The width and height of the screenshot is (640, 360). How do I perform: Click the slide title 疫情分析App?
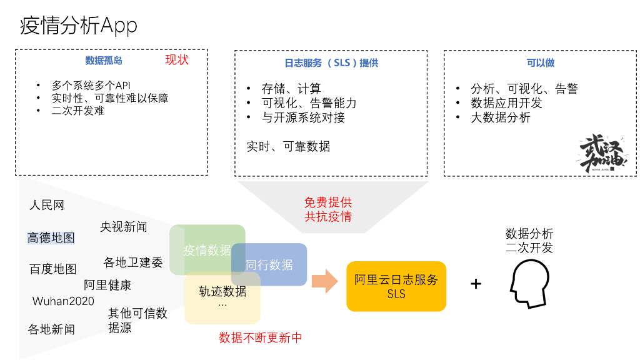point(78,26)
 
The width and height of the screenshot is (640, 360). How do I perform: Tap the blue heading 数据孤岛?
point(104,61)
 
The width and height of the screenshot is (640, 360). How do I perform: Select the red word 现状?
point(177,60)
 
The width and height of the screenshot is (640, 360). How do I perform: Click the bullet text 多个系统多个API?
point(91,85)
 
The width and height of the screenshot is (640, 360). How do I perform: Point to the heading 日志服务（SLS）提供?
point(331,63)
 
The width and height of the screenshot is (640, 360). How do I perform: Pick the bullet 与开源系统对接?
point(303,117)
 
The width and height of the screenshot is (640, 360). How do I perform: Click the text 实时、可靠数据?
point(288,146)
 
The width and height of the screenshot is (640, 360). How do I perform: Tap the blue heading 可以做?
point(541,63)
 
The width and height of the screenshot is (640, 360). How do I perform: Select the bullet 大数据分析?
point(501,117)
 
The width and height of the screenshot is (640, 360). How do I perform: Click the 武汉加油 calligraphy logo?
point(602,153)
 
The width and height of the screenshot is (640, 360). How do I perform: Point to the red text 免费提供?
point(328,202)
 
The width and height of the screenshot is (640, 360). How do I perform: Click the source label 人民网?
point(47,205)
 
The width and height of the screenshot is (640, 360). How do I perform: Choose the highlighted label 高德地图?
point(51,237)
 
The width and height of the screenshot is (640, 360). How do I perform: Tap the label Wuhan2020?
point(63,301)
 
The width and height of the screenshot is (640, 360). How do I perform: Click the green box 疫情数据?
point(207,249)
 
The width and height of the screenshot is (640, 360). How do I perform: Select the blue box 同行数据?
point(269,264)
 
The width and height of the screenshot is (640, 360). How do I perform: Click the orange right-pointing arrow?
point(325,281)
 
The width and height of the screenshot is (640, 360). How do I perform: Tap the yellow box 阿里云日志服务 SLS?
point(396,286)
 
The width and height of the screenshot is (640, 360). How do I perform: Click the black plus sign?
point(476,284)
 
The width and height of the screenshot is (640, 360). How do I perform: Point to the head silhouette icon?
point(529,284)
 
